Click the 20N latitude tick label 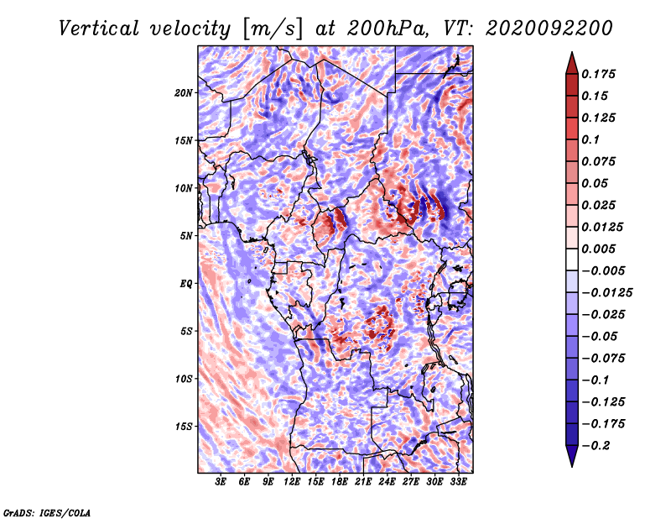(x=184, y=93)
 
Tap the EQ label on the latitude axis (x=186, y=284)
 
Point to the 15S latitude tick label (x=184, y=427)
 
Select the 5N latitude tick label (x=186, y=236)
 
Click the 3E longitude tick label (x=221, y=481)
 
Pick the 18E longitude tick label (x=340, y=481)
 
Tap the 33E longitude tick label (x=458, y=481)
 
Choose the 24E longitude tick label (x=387, y=481)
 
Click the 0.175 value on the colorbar (x=598, y=74)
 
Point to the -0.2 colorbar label (x=596, y=446)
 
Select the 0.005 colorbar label (x=598, y=249)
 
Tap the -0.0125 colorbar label (x=606, y=293)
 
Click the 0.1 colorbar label (x=590, y=139)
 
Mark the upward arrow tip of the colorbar (x=572, y=52)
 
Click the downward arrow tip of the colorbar (x=572, y=466)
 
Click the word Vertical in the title (x=99, y=29)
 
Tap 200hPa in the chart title (x=388, y=29)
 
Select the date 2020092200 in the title (x=549, y=29)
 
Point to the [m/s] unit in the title (x=273, y=29)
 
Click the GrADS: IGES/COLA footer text (x=47, y=512)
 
